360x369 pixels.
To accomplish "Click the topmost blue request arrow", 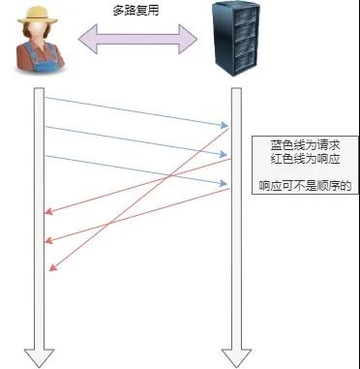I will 135,110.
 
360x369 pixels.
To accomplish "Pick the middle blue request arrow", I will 135,140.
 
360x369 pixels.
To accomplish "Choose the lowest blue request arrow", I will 135,169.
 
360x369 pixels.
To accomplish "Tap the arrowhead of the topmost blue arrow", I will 225,125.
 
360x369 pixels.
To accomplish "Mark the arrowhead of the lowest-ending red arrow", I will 51,269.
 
